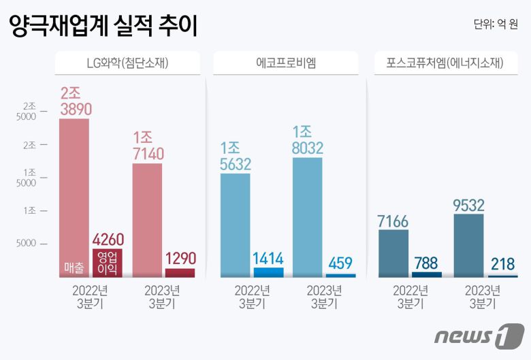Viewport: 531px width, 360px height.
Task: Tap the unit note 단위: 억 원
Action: pos(495,25)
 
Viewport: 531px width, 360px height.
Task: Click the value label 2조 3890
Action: pos(76,101)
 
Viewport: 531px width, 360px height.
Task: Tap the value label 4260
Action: pos(108,240)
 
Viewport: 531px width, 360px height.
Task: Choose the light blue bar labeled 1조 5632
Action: pos(236,225)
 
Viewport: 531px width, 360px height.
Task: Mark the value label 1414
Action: pos(268,258)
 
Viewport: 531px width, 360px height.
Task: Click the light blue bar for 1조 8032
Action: pos(308,216)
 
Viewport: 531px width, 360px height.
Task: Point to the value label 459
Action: pos(341,263)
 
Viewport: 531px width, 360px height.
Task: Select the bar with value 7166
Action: pos(393,253)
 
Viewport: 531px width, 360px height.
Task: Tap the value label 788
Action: pos(426,262)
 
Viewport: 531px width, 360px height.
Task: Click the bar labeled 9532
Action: pos(468,245)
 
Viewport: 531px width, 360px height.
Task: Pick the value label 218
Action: pos(502,265)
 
